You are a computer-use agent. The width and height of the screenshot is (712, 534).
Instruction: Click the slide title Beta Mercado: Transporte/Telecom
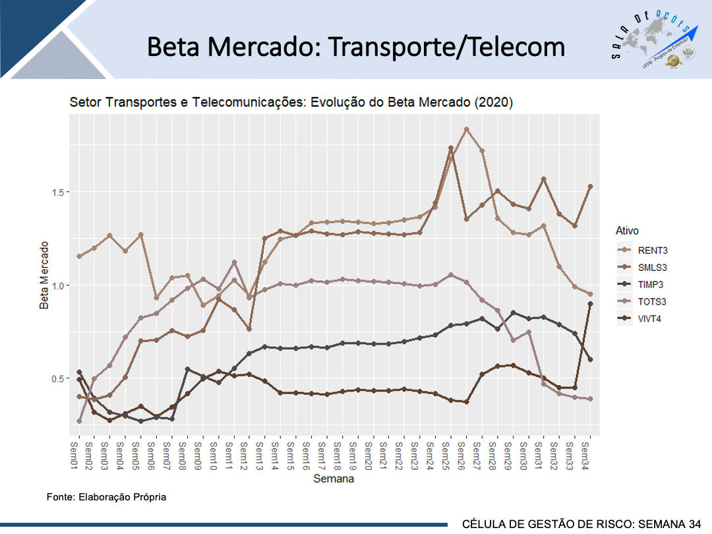click(356, 47)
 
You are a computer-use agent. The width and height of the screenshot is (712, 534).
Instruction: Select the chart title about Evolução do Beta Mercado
click(291, 103)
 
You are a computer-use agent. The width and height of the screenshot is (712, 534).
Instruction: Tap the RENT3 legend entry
click(653, 251)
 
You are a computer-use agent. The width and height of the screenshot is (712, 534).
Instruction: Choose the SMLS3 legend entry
click(653, 268)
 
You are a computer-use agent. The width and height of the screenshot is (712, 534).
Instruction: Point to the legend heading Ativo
click(627, 231)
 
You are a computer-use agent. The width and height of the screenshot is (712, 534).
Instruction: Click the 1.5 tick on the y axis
click(57, 192)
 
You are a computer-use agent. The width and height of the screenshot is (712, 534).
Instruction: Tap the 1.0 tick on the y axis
click(57, 285)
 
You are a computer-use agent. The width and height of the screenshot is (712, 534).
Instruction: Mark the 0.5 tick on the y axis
click(57, 378)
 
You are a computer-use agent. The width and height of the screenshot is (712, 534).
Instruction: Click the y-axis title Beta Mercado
click(44, 275)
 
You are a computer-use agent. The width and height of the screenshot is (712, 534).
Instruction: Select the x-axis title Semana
click(334, 479)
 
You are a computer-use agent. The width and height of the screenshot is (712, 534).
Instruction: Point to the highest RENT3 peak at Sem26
click(467, 129)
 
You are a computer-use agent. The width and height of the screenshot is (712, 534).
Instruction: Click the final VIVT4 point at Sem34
click(590, 304)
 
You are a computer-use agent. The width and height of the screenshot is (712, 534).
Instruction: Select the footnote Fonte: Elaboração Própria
click(106, 496)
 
